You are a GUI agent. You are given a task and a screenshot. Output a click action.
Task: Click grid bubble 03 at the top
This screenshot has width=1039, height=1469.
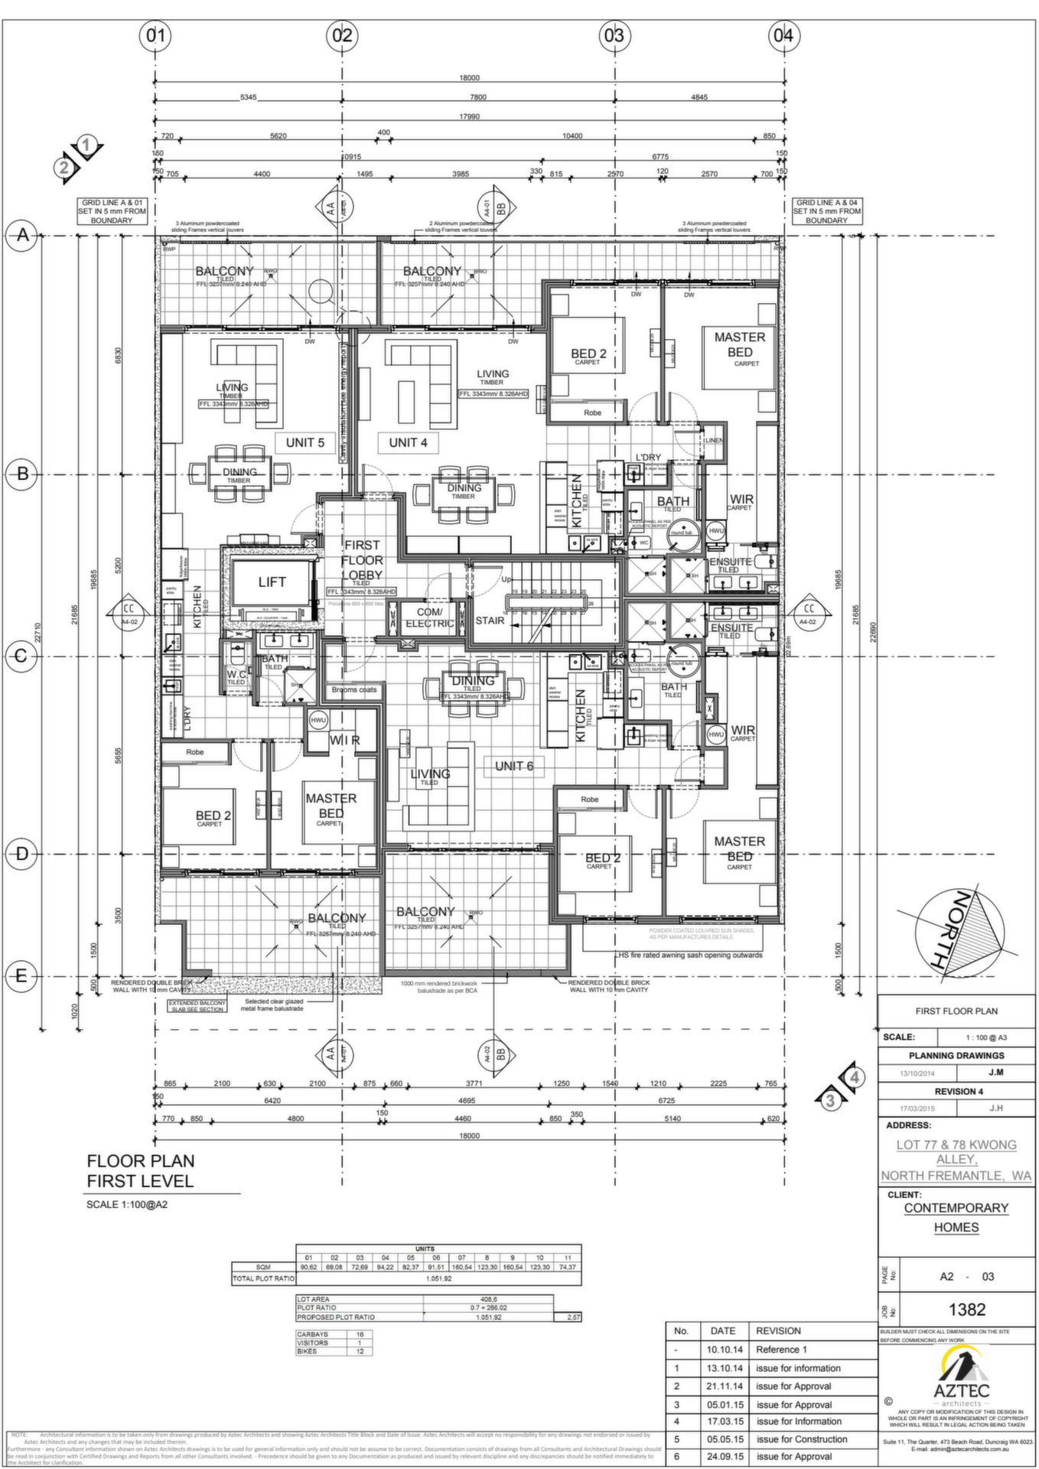(x=614, y=35)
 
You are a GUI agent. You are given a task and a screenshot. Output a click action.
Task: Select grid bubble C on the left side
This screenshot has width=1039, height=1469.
(x=22, y=656)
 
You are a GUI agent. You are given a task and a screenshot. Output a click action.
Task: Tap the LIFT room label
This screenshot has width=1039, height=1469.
(x=272, y=582)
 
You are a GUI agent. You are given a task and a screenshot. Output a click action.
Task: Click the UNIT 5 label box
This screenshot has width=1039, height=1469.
(x=305, y=442)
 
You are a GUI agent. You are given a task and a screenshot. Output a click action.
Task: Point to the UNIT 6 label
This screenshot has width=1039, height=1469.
(x=514, y=766)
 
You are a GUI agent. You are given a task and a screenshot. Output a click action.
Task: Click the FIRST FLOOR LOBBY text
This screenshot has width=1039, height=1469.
(x=362, y=560)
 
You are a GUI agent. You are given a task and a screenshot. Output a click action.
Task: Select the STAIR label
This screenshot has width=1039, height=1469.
(x=490, y=620)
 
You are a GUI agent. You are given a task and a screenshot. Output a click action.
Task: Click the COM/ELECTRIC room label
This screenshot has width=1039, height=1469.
(x=429, y=617)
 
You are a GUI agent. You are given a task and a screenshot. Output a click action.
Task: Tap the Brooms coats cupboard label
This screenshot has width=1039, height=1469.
(x=353, y=689)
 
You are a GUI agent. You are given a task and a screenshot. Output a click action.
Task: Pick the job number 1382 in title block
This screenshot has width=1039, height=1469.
(x=967, y=1309)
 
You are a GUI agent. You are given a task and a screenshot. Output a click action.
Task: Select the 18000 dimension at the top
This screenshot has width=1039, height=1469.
(x=469, y=78)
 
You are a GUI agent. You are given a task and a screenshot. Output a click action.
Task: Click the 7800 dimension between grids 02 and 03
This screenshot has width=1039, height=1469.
(x=477, y=97)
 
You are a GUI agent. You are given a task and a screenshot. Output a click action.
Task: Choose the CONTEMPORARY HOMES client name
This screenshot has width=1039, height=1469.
(x=956, y=1217)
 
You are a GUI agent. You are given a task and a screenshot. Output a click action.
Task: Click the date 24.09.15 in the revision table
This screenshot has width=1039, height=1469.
(x=722, y=1456)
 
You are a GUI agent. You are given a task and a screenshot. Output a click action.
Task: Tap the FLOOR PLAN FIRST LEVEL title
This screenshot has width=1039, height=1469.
(x=140, y=1171)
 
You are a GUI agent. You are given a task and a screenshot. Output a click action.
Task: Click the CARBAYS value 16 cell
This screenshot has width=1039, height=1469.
(x=360, y=1334)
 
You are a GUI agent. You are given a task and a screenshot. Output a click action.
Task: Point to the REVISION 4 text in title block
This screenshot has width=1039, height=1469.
(x=958, y=1091)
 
